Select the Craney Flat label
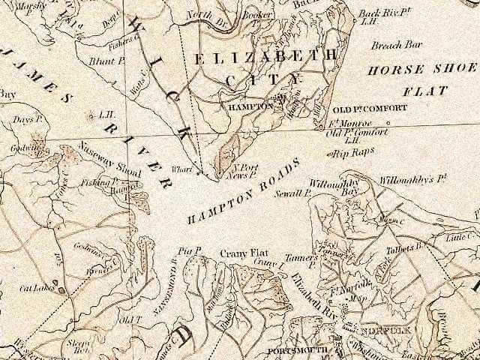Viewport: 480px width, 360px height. click(x=238, y=253)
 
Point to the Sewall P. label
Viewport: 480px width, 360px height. click(x=297, y=192)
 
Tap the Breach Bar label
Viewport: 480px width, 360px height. click(x=396, y=45)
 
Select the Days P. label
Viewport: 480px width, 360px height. click(x=25, y=120)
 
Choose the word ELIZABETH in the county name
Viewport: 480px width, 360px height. click(x=267, y=57)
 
